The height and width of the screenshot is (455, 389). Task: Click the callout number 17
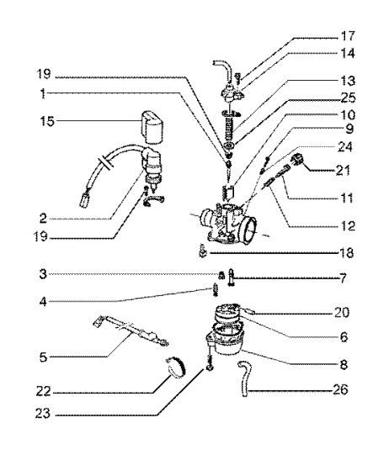348,36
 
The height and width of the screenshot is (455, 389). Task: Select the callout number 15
47,121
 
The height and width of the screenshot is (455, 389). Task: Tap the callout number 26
340,389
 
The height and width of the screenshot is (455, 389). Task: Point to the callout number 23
43,413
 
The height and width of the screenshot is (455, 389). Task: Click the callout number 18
347,253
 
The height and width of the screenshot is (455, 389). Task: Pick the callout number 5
43,357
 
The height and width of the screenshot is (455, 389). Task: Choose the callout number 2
43,218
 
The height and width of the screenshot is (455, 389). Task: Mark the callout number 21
343,170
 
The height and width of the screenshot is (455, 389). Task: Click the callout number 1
43,93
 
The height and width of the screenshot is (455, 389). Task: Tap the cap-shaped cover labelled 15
152,128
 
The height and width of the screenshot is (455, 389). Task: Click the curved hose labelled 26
243,378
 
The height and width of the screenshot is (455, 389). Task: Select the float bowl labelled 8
225,340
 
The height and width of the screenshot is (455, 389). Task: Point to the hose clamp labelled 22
177,368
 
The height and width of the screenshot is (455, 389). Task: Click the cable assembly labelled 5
131,331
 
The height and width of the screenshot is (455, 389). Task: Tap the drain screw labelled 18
203,251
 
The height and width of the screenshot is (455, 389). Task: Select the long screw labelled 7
232,278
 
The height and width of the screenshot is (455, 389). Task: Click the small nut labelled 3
221,275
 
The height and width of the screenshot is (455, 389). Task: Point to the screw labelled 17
238,77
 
